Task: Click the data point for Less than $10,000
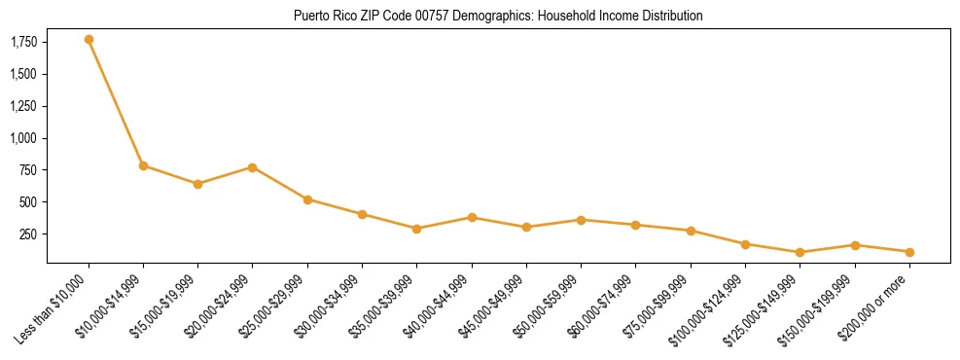pyautogui.click(x=89, y=40)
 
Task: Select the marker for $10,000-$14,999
pyautogui.click(x=143, y=165)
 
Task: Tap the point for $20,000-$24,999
pyautogui.click(x=253, y=167)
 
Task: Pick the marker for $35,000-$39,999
pyautogui.click(x=417, y=229)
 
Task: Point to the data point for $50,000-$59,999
pyautogui.click(x=581, y=220)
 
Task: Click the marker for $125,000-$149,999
pyautogui.click(x=800, y=252)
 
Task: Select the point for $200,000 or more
pyautogui.click(x=909, y=252)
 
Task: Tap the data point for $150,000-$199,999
pyautogui.click(x=855, y=245)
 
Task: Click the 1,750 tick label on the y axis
pyautogui.click(x=24, y=42)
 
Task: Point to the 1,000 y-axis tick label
pyautogui.click(x=24, y=138)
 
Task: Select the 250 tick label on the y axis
pyautogui.click(x=29, y=234)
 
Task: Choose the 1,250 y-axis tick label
pyautogui.click(x=24, y=106)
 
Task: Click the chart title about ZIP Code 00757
pyautogui.click(x=497, y=17)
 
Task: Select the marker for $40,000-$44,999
pyautogui.click(x=472, y=217)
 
